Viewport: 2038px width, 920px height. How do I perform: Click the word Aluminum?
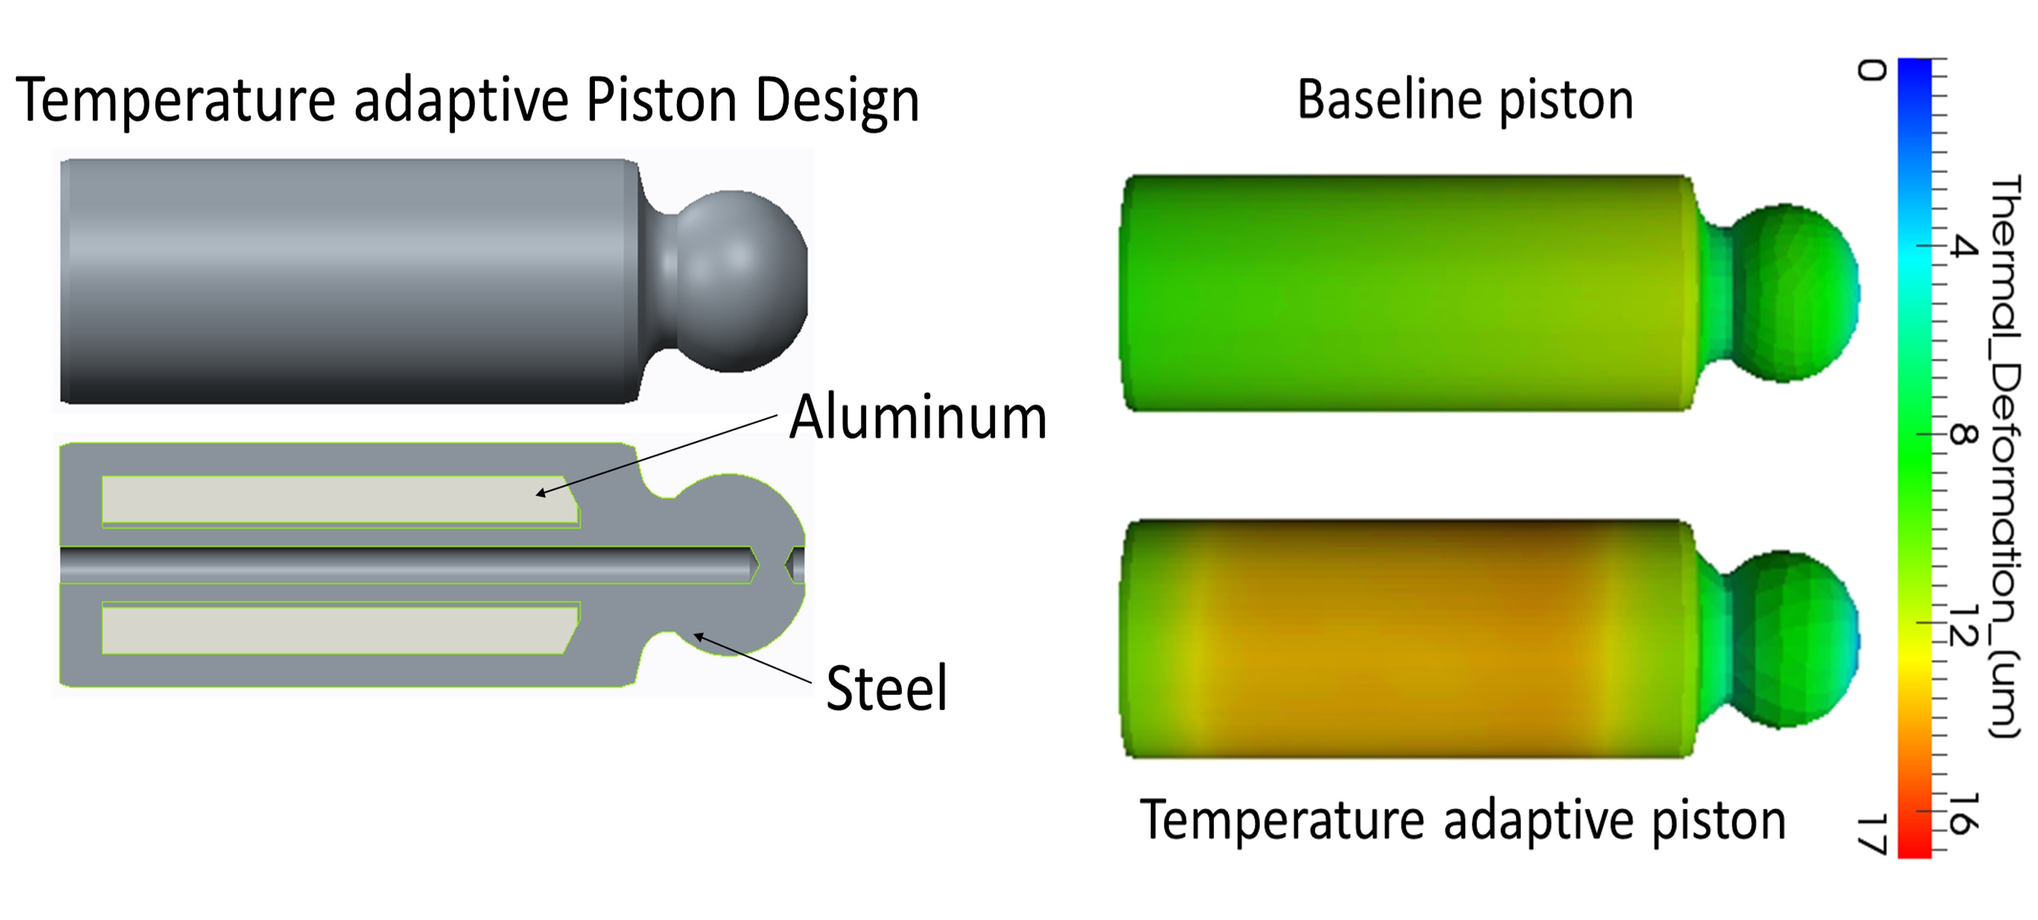tap(918, 417)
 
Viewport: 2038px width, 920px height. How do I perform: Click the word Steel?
tap(886, 688)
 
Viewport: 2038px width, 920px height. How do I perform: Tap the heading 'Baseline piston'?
tap(1465, 100)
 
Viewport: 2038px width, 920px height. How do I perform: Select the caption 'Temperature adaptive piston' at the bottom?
tap(1463, 821)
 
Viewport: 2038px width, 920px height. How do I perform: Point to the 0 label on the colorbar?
tap(1872, 71)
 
